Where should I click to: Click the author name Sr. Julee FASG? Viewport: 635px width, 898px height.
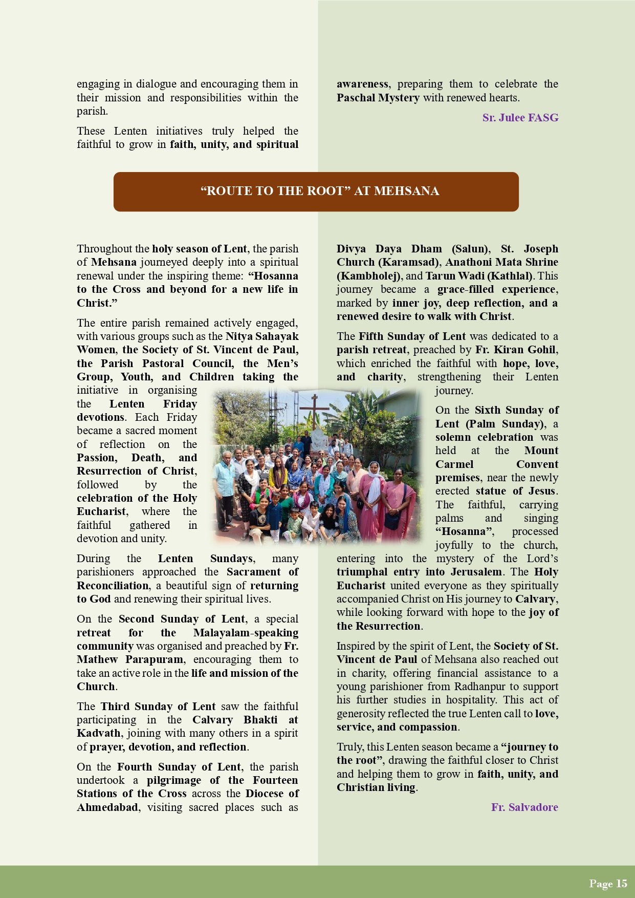(520, 118)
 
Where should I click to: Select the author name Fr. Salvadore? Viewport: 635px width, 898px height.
(524, 807)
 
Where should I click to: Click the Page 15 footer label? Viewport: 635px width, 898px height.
(607, 883)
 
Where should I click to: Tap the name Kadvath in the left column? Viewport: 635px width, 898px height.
(98, 733)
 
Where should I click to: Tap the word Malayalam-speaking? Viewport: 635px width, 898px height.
(246, 633)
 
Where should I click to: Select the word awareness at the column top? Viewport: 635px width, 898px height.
(363, 84)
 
